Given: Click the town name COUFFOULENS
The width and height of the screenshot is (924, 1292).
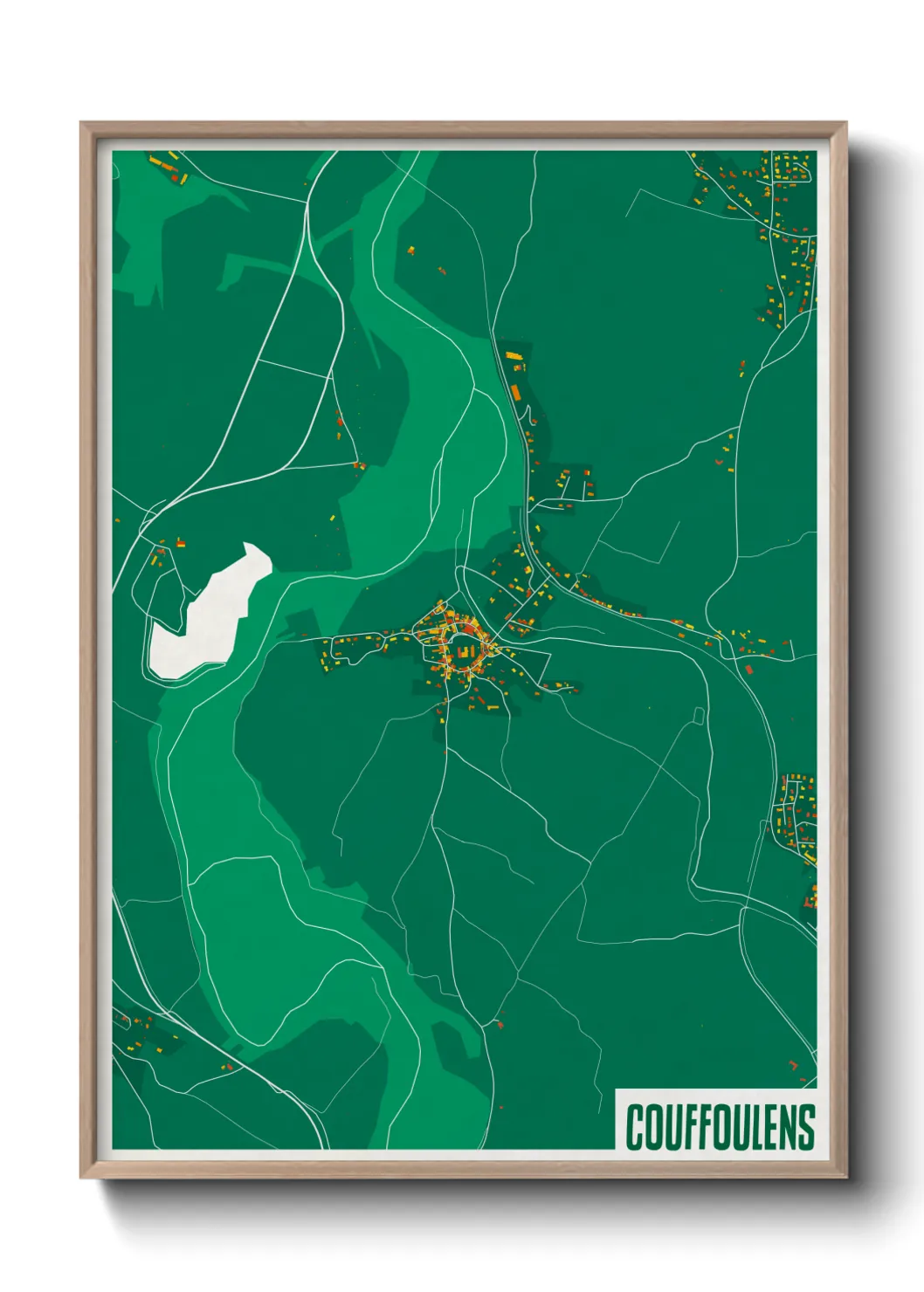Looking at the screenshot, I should tap(720, 1126).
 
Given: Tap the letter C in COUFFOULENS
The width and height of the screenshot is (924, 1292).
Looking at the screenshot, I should tap(635, 1127).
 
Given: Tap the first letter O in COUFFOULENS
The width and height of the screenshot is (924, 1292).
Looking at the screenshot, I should tap(652, 1127).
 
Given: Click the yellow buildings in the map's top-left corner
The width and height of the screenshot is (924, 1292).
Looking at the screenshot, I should tap(162, 165).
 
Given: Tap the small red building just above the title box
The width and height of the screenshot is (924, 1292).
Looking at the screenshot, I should tap(793, 1065).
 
